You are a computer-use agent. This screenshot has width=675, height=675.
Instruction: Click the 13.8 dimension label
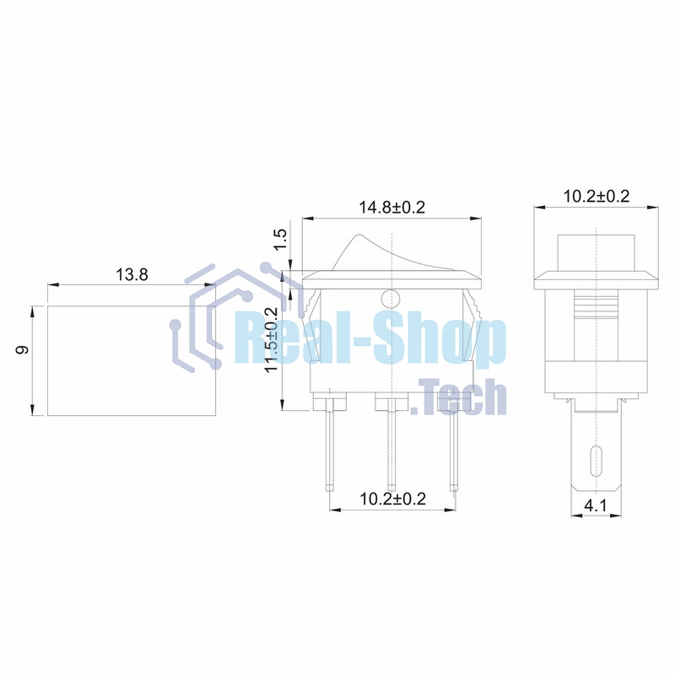point(132,274)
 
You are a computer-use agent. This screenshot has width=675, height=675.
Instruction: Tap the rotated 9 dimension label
point(22,349)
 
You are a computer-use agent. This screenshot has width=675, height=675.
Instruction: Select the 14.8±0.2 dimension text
point(391,208)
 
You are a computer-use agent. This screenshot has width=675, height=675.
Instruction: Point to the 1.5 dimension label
point(280,240)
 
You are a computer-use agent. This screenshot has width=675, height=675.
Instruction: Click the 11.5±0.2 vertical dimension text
point(272,340)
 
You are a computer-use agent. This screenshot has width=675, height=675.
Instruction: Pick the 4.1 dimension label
point(596,505)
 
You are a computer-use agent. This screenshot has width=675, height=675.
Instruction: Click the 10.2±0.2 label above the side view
point(597,197)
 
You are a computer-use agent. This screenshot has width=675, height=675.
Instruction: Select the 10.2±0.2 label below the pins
point(392,499)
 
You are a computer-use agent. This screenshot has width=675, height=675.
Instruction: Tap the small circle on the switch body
point(391,299)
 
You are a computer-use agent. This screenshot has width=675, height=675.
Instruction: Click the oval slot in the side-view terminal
point(596,461)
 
